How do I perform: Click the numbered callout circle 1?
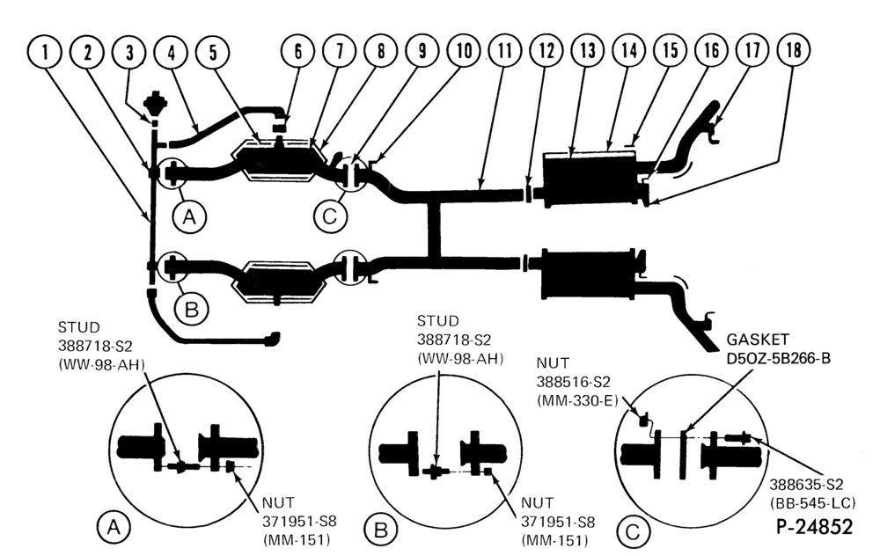click(x=45, y=52)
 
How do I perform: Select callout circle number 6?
click(x=298, y=51)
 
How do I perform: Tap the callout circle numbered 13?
click(x=588, y=50)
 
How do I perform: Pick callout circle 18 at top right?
click(x=794, y=50)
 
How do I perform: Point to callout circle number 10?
click(x=464, y=50)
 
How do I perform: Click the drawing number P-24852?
click(x=814, y=527)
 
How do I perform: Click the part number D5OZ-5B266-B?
click(x=779, y=358)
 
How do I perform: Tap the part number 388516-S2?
click(x=573, y=382)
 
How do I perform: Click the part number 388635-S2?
click(x=806, y=484)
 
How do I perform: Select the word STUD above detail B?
click(x=437, y=321)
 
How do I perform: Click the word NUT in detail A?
click(x=278, y=502)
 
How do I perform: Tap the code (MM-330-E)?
click(x=577, y=400)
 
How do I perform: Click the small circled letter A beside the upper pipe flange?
click(x=189, y=216)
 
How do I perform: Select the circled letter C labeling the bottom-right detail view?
click(x=633, y=530)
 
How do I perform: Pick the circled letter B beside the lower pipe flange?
click(x=191, y=309)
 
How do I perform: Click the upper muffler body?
click(x=590, y=179)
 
